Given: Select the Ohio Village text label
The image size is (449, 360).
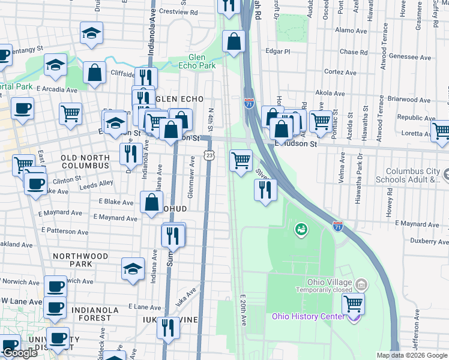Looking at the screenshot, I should tap(324, 283).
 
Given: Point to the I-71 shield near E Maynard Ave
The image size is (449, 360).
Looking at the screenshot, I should tap(338, 226).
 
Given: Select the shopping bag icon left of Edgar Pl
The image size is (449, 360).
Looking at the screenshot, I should tap(234, 42).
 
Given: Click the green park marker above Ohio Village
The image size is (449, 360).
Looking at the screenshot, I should tap(300, 229).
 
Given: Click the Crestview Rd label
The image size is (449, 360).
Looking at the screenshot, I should tap(178, 11).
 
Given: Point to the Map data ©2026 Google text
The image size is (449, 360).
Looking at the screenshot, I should tap(412, 355).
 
